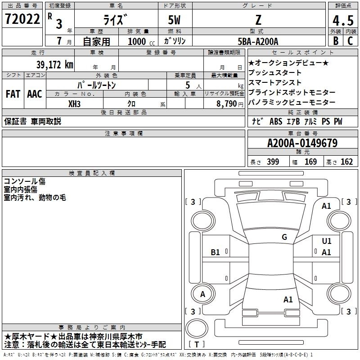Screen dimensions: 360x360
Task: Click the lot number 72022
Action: (22, 20)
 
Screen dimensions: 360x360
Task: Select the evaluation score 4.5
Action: (342, 21)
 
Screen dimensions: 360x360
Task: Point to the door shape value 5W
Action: (175, 20)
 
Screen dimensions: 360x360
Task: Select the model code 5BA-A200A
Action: (258, 41)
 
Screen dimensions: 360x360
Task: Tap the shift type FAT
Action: (13, 94)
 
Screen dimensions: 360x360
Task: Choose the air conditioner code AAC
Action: (34, 94)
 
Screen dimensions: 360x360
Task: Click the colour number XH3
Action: (75, 103)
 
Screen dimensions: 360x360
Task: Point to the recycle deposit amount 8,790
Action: (225, 103)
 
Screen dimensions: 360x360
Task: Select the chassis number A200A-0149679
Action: (302, 143)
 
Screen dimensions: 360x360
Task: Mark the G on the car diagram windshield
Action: (284, 237)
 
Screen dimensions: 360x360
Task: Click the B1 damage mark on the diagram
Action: (216, 253)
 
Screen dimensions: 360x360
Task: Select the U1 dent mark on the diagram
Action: (326, 242)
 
